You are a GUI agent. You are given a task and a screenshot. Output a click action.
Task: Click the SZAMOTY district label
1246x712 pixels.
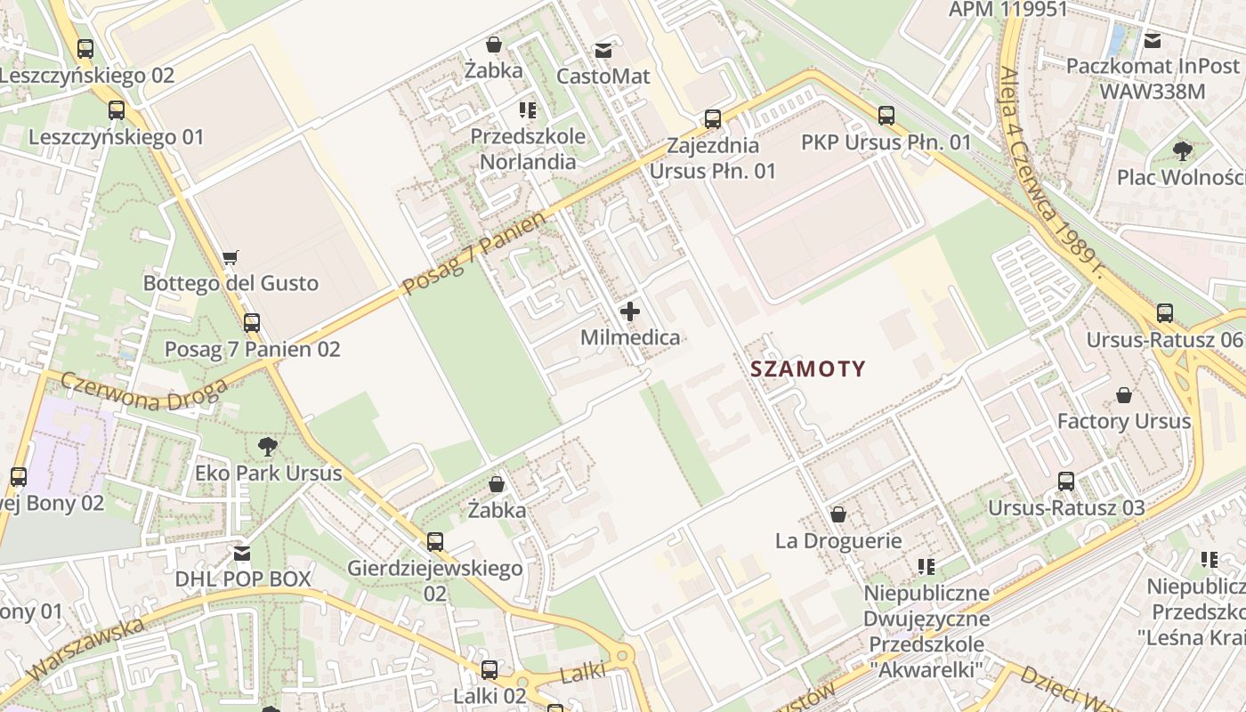(x=808, y=369)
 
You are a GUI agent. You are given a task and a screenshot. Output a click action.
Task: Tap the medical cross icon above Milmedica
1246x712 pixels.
(x=630, y=311)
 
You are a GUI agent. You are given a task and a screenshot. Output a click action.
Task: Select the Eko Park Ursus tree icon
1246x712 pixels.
(x=267, y=446)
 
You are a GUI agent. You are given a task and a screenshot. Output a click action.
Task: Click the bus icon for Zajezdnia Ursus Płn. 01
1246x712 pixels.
(x=713, y=119)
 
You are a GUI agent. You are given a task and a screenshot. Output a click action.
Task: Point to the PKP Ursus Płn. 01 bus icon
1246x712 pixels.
(x=886, y=116)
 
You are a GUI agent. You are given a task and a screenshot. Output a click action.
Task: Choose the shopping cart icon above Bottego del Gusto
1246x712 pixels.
(x=231, y=258)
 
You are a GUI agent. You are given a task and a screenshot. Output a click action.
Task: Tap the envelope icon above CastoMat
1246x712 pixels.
(x=603, y=51)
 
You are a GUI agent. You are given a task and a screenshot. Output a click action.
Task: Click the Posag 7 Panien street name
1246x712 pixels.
(x=473, y=255)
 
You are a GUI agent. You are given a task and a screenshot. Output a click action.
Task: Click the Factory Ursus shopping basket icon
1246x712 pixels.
(x=1124, y=395)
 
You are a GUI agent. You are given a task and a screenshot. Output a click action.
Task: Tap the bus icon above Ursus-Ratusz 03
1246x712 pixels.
(x=1066, y=481)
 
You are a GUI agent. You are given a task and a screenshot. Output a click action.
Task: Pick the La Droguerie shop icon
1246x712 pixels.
(x=837, y=514)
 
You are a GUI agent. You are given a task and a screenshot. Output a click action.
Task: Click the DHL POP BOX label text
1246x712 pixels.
(x=243, y=579)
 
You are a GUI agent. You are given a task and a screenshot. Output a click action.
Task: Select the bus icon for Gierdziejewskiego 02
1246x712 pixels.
(x=434, y=541)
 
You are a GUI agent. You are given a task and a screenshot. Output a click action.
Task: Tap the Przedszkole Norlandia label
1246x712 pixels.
(x=528, y=150)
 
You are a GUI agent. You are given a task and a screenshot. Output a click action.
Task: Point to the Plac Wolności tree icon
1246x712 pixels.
(x=1182, y=150)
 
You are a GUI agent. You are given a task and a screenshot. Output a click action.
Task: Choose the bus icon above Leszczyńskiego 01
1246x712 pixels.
(x=117, y=110)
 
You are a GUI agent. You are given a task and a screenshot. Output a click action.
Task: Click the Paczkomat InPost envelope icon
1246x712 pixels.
(x=1153, y=40)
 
